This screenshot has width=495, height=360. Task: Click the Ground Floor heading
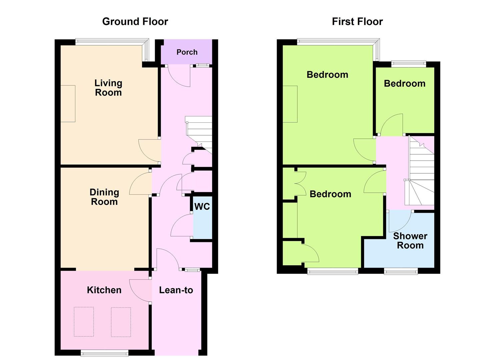click(x=135, y=22)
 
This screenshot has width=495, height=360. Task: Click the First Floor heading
click(x=357, y=22)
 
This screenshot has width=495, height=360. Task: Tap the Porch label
click(x=187, y=52)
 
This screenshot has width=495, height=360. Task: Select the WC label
click(x=202, y=206)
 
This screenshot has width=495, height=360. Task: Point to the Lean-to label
click(x=176, y=290)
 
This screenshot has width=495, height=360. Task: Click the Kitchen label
click(x=104, y=290)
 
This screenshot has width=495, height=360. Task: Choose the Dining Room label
click(x=104, y=197)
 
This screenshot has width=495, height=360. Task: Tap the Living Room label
click(x=108, y=88)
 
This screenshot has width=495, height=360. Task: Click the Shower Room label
click(x=410, y=241)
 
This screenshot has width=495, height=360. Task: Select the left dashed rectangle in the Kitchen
click(x=84, y=322)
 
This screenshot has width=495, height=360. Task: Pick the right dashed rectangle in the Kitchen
click(x=121, y=322)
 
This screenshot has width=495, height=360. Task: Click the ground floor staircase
click(x=199, y=135)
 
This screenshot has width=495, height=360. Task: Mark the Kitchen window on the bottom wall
click(x=105, y=353)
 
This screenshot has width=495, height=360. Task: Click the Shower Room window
click(x=401, y=271)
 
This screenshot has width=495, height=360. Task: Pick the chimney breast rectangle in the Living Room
click(x=68, y=104)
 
